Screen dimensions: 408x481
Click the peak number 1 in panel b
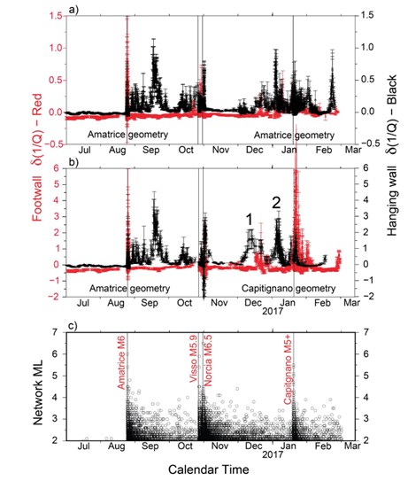250,220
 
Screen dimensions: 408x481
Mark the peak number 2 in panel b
276,203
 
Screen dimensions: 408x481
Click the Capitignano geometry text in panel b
289,289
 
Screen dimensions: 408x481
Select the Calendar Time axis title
209,469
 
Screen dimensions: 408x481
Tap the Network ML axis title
38,393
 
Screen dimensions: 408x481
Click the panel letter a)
73,10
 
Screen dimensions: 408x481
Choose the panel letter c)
73,325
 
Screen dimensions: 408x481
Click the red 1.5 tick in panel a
56,15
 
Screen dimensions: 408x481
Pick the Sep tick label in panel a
151,150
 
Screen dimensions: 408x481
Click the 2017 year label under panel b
273,311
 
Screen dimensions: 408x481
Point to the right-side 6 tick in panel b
366,167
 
